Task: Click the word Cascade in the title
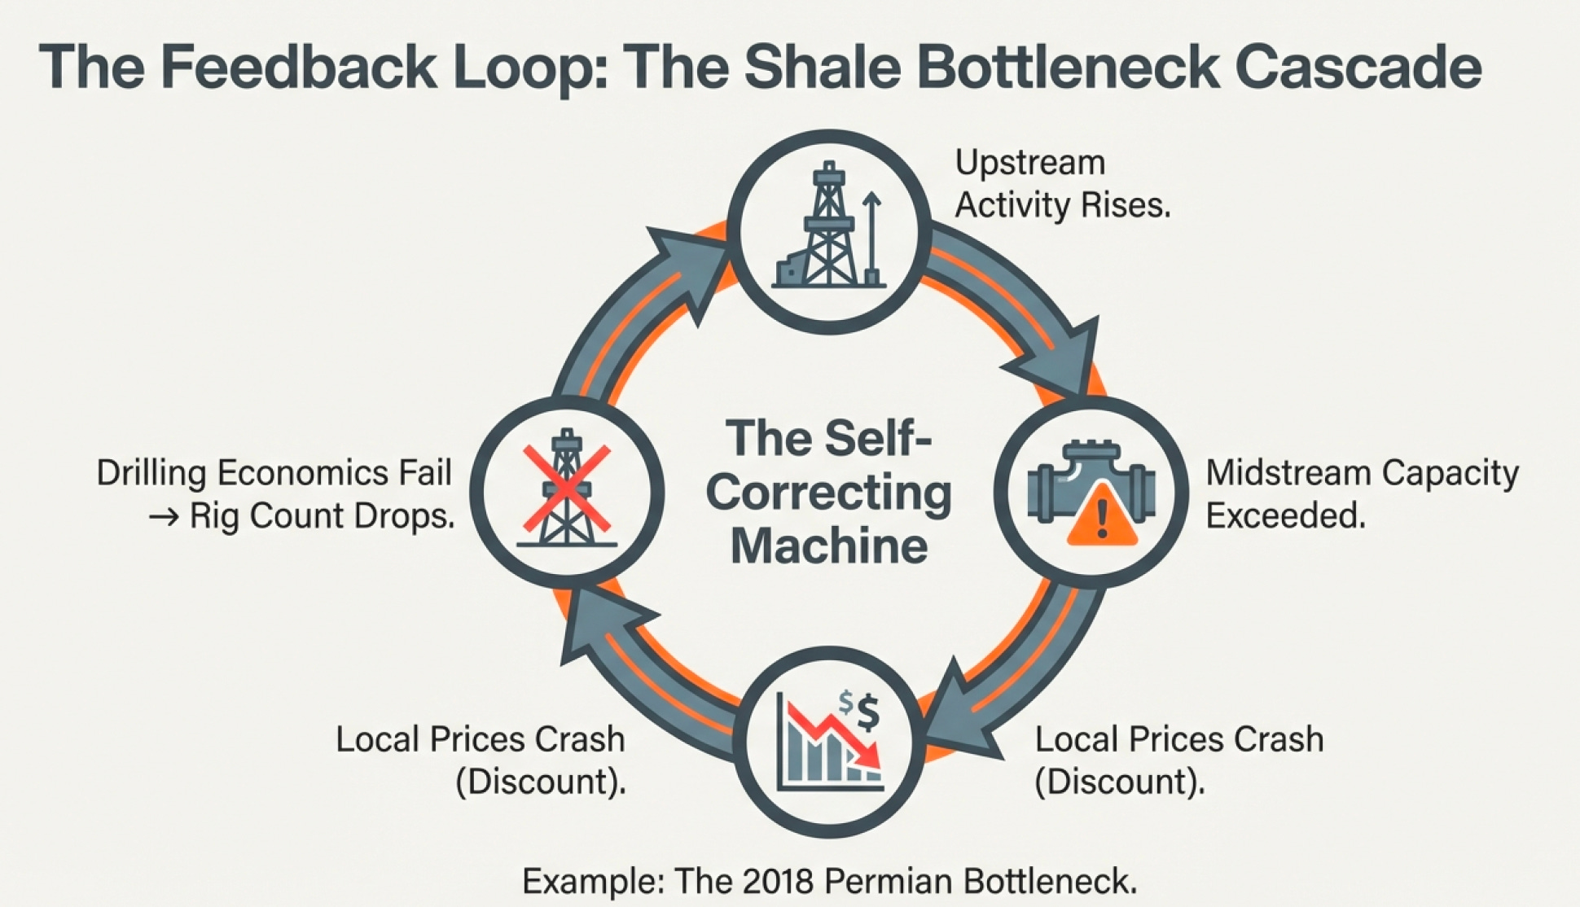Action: coord(1358,67)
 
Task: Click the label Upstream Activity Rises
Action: coord(1062,184)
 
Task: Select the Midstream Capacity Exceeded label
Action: coord(1362,493)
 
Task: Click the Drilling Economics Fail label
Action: coord(274,473)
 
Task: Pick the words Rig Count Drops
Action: coord(322,516)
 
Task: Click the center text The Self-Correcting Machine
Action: coord(829,492)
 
